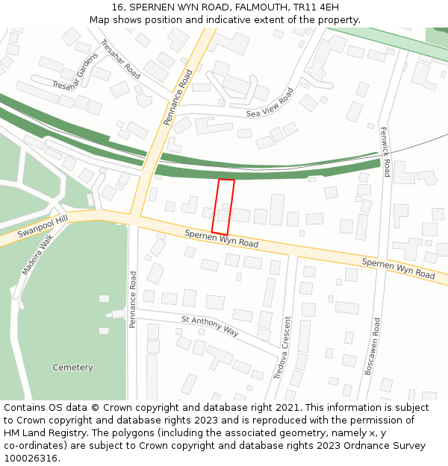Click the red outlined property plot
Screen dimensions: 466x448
pos(223,207)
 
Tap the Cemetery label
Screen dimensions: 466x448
pos(73,368)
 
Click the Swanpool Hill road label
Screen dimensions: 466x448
pos(43,223)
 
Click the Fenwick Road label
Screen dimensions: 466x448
pos(385,151)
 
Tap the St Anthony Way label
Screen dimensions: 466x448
pos(210,326)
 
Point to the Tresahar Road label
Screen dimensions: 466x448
pos(120,59)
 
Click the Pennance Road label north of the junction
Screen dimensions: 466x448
pos(178,97)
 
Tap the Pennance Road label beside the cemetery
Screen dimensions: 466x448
pos(133,300)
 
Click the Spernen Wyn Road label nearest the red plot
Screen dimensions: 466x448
pos(222,239)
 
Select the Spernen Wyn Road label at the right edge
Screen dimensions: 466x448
pos(398,269)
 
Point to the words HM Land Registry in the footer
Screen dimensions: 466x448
pos(43,432)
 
